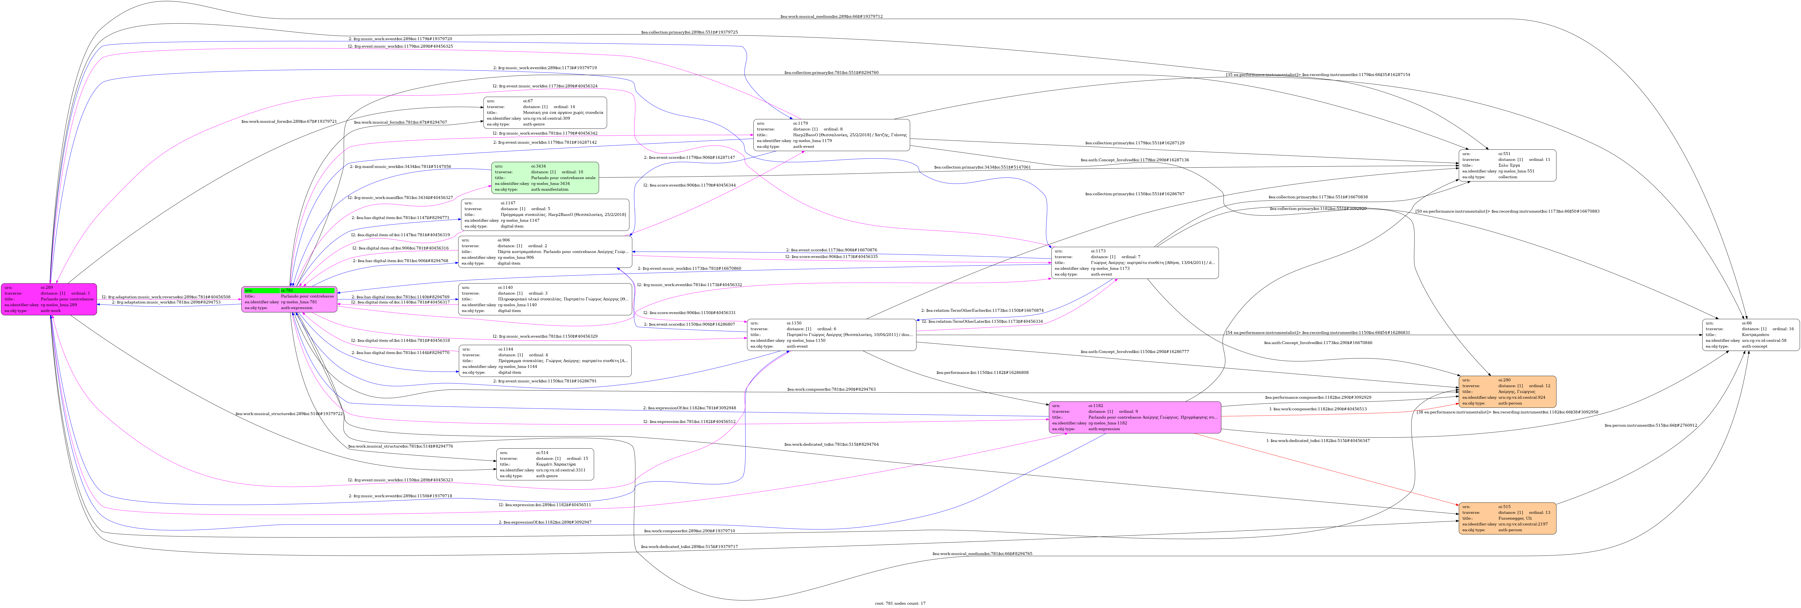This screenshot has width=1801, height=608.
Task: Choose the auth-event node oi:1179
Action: [831, 135]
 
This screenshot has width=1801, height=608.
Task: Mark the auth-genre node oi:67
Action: [545, 113]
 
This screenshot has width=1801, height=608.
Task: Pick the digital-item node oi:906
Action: [545, 252]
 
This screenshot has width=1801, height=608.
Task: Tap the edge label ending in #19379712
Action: [831, 16]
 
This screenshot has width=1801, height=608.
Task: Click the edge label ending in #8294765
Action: [982, 553]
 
